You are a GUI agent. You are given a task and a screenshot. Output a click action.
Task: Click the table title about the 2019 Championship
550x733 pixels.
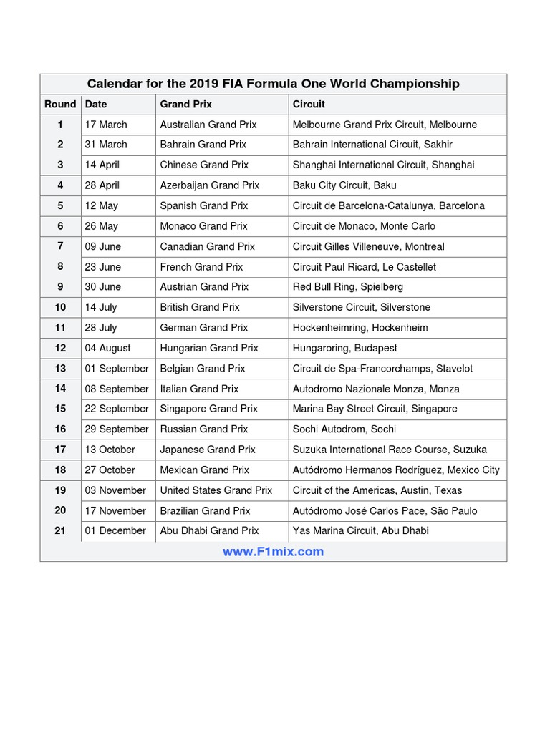click(273, 84)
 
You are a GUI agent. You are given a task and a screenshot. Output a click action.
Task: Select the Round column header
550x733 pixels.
click(60, 104)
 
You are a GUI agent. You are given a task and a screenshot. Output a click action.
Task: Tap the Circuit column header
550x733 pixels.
click(309, 104)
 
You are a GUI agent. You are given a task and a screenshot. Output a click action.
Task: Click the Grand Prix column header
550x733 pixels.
click(185, 104)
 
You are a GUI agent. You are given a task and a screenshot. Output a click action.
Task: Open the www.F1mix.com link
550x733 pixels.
click(273, 552)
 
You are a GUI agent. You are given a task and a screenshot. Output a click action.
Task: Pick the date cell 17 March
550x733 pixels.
click(106, 125)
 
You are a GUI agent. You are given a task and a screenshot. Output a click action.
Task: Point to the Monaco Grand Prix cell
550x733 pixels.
click(203, 226)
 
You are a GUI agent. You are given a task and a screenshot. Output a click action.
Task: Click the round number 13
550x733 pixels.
click(60, 369)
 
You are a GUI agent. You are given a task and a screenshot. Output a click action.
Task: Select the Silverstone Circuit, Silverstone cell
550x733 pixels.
click(362, 307)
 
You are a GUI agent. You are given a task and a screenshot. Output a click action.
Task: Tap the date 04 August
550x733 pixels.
click(108, 348)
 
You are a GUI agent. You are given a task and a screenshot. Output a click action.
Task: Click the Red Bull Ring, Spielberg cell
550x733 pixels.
click(348, 286)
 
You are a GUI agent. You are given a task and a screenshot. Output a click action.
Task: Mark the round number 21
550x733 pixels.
click(60, 530)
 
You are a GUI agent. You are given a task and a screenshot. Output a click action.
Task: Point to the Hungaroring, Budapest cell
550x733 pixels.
click(345, 348)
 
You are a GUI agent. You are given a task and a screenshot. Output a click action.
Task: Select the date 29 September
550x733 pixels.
click(117, 429)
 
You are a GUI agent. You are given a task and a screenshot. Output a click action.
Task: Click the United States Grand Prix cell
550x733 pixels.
click(216, 490)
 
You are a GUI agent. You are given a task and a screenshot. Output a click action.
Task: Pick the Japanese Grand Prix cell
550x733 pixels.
click(208, 450)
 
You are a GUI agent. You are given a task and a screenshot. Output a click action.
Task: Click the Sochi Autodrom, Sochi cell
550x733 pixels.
click(344, 429)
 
